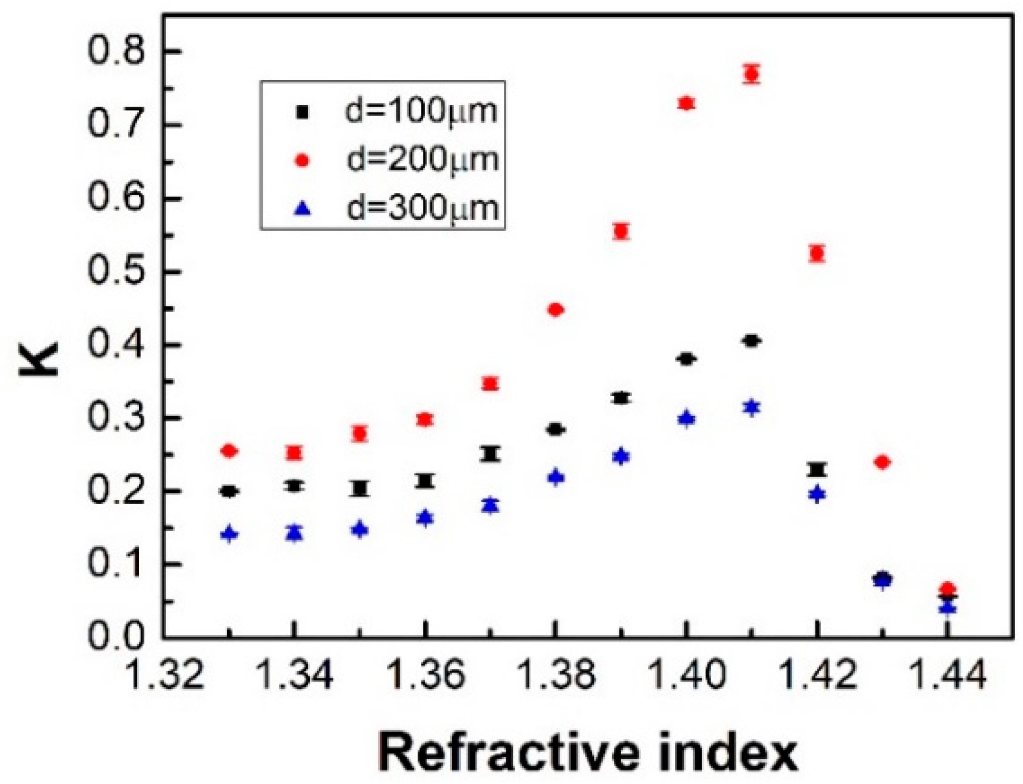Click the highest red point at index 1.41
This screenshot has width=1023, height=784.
752,74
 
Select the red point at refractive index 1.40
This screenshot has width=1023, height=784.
686,103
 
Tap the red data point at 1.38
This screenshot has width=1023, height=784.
555,310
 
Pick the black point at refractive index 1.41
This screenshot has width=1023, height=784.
752,341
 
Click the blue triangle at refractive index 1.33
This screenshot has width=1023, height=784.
229,534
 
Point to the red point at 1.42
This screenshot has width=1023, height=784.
817,254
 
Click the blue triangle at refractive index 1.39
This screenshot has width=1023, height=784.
621,456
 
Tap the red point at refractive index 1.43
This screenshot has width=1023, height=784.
883,462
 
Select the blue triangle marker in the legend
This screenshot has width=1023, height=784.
303,209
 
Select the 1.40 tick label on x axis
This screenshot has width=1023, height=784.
686,675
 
